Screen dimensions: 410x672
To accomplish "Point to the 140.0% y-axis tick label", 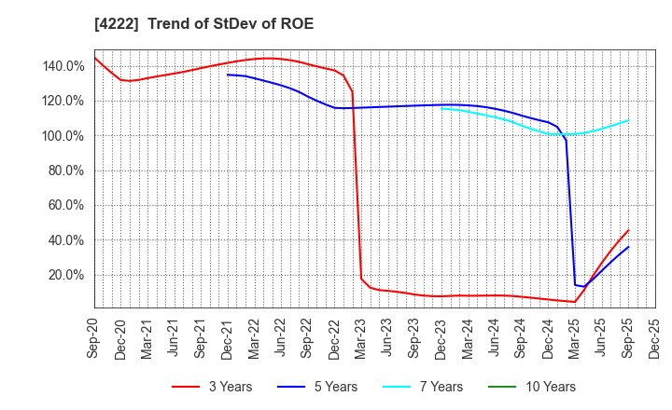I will (x=64, y=66).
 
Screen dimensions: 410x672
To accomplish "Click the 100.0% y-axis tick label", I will (x=64, y=136).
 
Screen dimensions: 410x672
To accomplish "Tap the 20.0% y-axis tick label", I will (x=67, y=275).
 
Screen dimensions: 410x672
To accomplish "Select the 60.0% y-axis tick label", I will (x=67, y=205).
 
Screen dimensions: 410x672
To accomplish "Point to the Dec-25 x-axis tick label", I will (x=655, y=340).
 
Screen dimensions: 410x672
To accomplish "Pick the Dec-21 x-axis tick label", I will (x=228, y=340).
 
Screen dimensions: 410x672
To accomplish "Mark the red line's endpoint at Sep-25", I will (x=628, y=230).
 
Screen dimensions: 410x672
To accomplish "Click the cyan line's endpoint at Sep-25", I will (x=628, y=120).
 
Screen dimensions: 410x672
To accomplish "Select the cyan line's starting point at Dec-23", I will (x=441, y=108).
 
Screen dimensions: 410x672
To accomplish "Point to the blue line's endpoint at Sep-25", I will (x=628, y=247).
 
